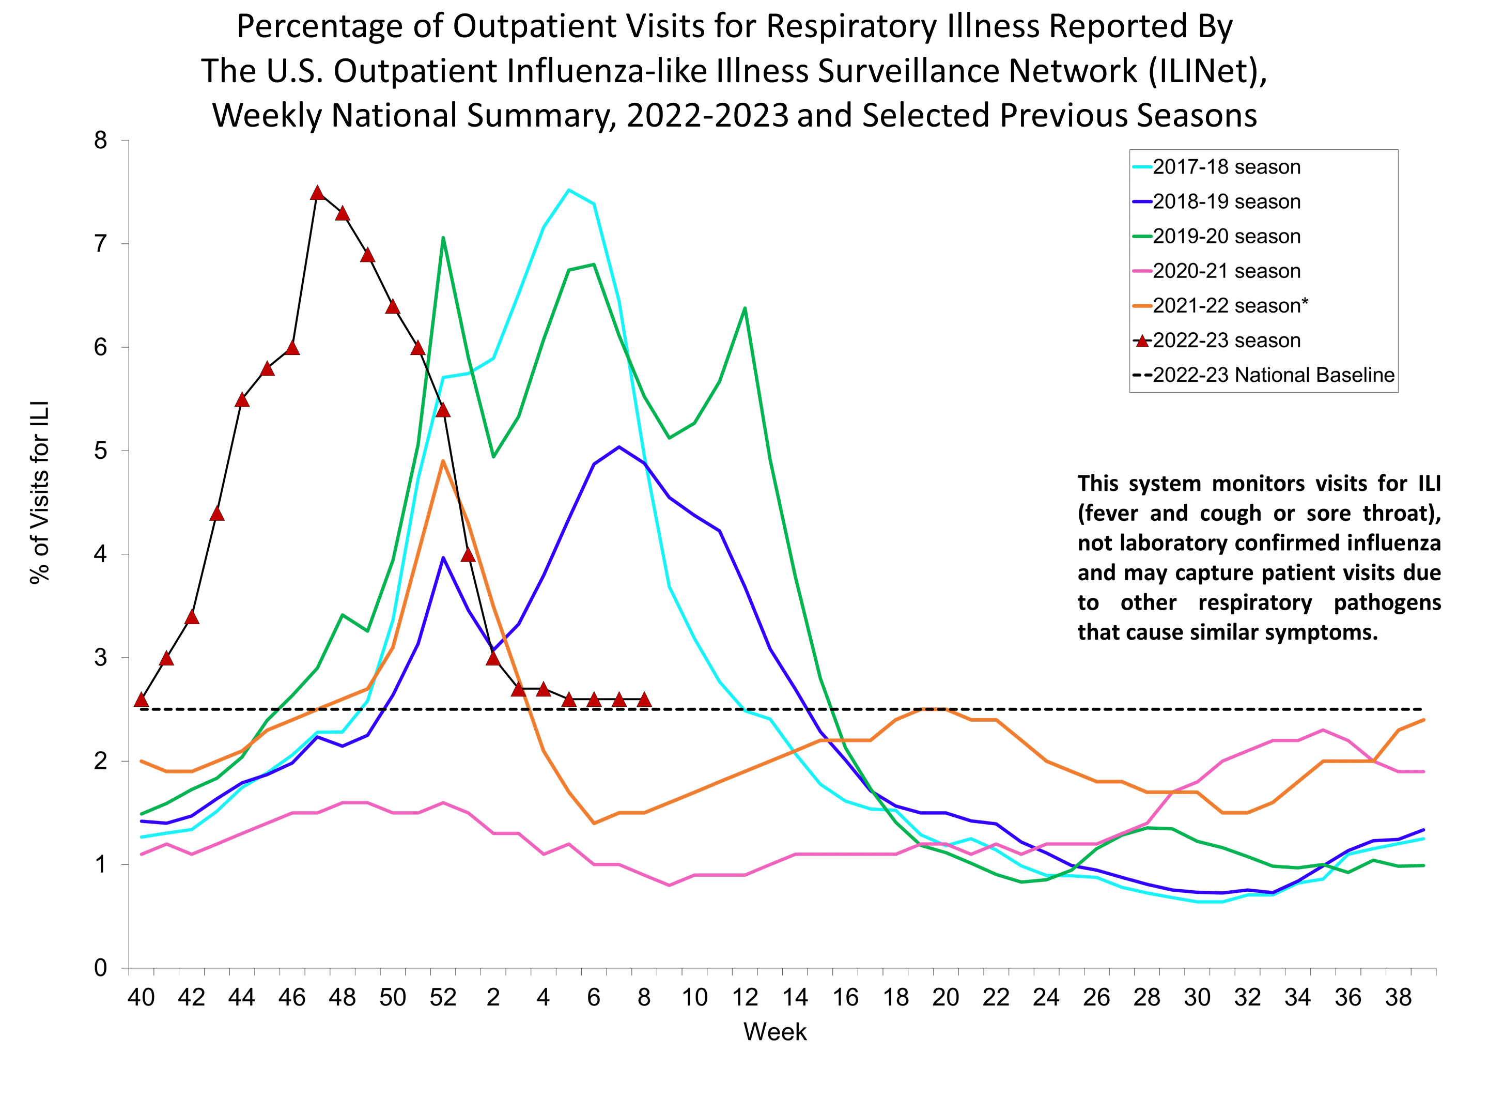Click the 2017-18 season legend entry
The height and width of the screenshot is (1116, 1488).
tap(1226, 167)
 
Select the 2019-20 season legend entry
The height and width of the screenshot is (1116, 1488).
tap(1226, 236)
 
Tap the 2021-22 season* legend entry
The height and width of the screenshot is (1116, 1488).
tap(1230, 305)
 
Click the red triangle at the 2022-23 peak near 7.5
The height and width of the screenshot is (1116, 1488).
tap(318, 193)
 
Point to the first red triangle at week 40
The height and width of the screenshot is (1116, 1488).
tap(141, 700)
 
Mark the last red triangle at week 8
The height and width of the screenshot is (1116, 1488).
tap(644, 700)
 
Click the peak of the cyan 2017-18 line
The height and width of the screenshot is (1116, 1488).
tap(568, 190)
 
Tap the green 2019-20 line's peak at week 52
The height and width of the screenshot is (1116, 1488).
tap(443, 238)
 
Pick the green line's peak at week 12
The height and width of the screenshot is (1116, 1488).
tap(744, 308)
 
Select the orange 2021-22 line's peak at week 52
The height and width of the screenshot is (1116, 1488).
tap(443, 461)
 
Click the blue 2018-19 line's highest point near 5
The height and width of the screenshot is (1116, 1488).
tap(619, 447)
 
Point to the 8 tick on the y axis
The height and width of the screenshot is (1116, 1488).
tap(101, 141)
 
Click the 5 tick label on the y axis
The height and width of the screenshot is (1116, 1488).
tap(101, 451)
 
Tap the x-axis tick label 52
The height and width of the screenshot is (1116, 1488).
tap(443, 997)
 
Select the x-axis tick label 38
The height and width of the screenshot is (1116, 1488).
tap(1398, 997)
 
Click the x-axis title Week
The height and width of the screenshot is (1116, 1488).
tap(774, 1032)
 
